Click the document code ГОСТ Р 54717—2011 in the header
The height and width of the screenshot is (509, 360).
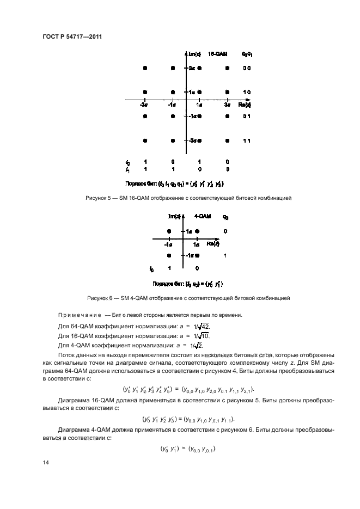click(x=72, y=36)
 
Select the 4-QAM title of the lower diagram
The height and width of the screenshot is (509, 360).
click(x=203, y=217)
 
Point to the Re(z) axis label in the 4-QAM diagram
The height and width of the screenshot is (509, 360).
click(x=213, y=244)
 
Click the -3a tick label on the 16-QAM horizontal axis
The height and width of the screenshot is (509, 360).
click(x=144, y=104)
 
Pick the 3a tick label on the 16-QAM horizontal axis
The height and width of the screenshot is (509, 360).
click(x=227, y=104)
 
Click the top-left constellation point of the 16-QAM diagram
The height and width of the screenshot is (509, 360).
click(x=144, y=68)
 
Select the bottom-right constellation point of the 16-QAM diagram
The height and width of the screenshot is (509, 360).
click(x=227, y=140)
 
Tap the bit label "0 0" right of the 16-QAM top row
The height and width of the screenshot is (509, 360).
click(x=246, y=68)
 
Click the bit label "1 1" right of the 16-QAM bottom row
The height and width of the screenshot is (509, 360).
click(x=246, y=140)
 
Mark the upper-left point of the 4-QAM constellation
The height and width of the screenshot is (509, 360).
click(x=169, y=231)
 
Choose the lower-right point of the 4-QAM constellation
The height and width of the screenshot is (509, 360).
click(x=197, y=255)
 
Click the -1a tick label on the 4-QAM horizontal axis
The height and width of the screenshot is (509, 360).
click(x=169, y=245)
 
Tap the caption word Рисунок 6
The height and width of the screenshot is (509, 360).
click(x=100, y=298)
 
